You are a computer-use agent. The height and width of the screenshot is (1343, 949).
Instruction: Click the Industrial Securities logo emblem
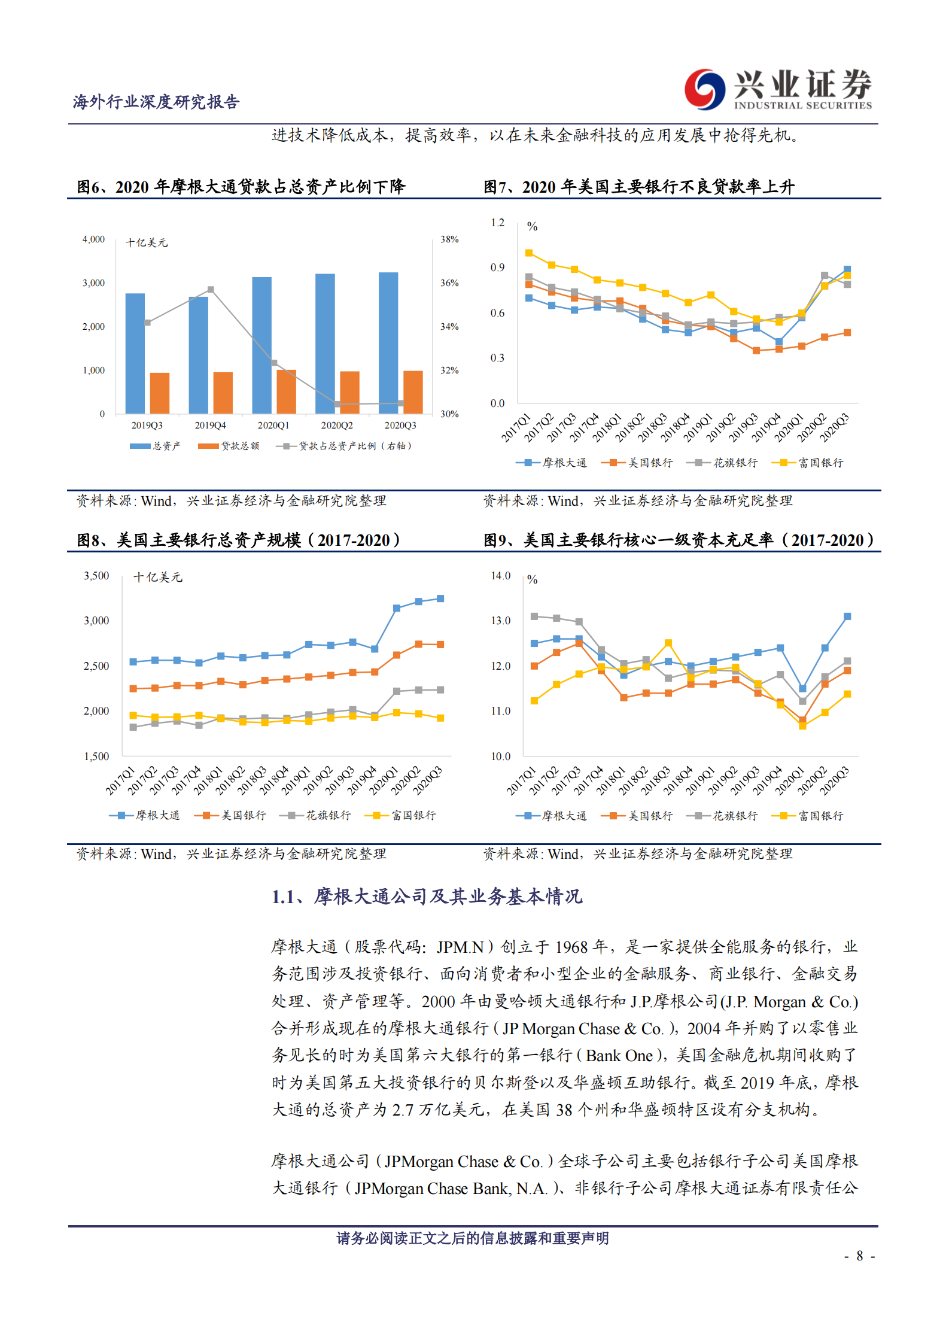pos(704,89)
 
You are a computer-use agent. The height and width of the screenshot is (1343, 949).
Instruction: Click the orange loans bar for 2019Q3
pos(160,393)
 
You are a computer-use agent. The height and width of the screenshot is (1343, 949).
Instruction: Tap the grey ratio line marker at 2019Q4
pos(211,289)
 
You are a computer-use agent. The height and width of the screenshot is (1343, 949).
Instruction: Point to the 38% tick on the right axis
pos(449,239)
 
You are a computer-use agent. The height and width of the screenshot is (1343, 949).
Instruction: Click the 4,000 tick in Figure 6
pos(93,239)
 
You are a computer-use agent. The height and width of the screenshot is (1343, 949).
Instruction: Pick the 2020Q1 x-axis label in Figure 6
pos(273,426)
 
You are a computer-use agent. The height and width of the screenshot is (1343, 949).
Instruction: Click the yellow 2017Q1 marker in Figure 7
pos(529,253)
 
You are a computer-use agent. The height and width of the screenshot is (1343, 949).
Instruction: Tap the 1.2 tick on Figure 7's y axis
pos(497,223)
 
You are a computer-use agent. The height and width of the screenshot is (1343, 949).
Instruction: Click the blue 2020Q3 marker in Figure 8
pos(440,598)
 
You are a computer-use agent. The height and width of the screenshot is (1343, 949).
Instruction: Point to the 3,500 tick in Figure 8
pos(96,576)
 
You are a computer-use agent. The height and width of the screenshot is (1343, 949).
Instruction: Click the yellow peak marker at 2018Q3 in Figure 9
pos(668,643)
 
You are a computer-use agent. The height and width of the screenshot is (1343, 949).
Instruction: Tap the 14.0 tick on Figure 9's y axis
pos(500,576)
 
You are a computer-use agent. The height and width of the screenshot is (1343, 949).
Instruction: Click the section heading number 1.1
pos(284,897)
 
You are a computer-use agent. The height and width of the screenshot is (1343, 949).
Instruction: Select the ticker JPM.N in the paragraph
pos(460,947)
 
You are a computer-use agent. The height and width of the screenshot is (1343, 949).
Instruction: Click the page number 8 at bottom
pos(859,1256)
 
